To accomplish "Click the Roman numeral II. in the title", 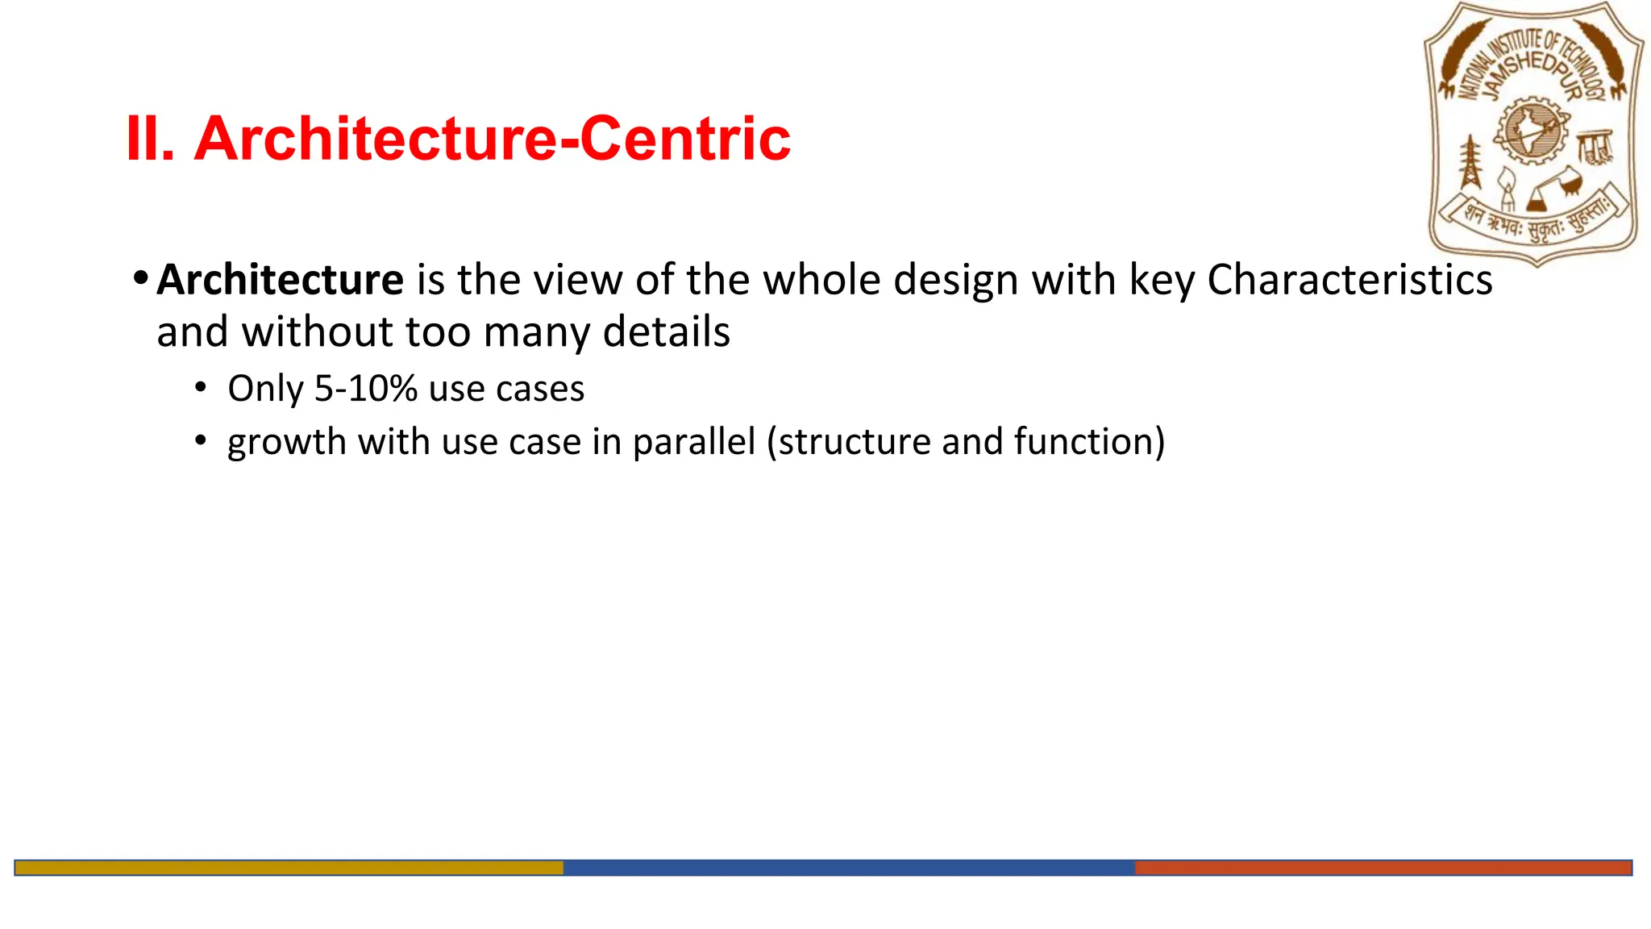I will point(150,140).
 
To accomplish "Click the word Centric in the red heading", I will point(684,140).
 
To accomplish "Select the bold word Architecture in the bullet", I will point(280,281).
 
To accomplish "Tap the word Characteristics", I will point(1349,281).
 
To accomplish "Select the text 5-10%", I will point(365,389).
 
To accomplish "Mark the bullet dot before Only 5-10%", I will point(201,388).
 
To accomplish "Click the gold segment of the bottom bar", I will point(289,868).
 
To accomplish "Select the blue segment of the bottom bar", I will point(848,868).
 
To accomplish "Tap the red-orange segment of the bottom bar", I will point(1383,868).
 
